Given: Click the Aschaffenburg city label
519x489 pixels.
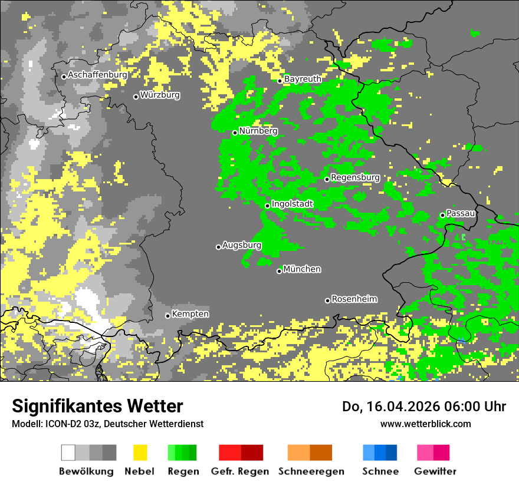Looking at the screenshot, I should [97, 75].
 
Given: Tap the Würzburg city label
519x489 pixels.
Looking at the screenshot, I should [160, 95].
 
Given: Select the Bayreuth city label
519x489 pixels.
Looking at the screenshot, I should [303, 79].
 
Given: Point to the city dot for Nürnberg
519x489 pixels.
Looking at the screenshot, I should [235, 133].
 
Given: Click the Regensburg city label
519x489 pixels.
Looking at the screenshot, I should [355, 177].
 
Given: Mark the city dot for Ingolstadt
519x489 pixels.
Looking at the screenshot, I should [267, 206].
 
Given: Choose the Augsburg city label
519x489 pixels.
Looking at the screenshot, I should [241, 245].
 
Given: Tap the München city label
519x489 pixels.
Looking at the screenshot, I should [302, 269].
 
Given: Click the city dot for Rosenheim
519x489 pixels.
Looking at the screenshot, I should [327, 300].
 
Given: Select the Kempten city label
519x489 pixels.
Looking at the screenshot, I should [190, 314].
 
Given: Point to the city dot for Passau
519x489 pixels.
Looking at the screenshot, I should [442, 215].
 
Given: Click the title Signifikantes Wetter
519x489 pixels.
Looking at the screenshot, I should [97, 407].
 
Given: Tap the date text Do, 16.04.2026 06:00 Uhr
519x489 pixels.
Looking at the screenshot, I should [424, 407].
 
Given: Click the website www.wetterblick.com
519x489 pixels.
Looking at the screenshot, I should [425, 424].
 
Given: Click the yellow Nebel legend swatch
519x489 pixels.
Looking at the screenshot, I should [140, 452].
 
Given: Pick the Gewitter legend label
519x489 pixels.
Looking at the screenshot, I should [435, 471].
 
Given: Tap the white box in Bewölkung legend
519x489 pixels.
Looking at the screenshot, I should [68, 452].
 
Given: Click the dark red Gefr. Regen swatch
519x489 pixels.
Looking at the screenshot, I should [252, 452].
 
